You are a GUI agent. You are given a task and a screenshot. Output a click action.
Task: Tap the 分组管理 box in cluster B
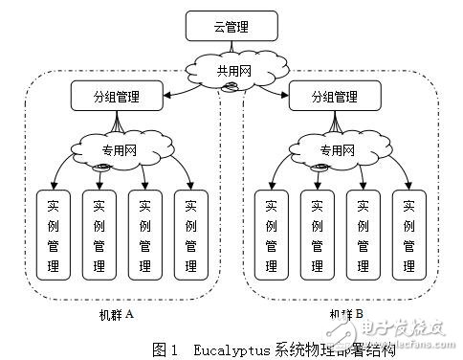coord(335,97)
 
